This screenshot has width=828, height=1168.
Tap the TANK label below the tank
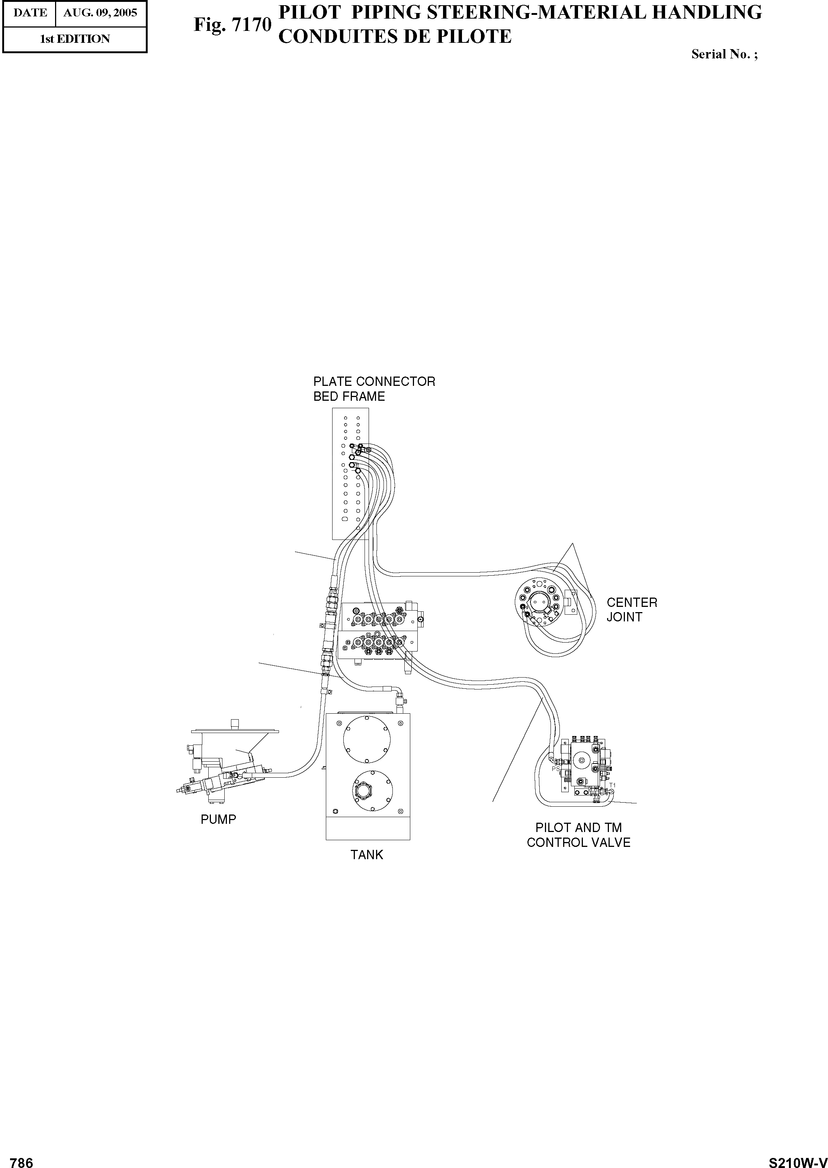(x=367, y=855)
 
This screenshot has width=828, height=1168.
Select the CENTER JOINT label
(x=632, y=609)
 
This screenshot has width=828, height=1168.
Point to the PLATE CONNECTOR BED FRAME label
(x=374, y=389)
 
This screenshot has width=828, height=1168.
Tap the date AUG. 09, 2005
(x=100, y=13)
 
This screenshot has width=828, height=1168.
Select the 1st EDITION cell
(x=75, y=39)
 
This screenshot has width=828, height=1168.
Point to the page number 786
(x=22, y=1159)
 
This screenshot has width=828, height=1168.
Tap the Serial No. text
(x=724, y=54)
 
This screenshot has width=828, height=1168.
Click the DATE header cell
(x=30, y=13)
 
